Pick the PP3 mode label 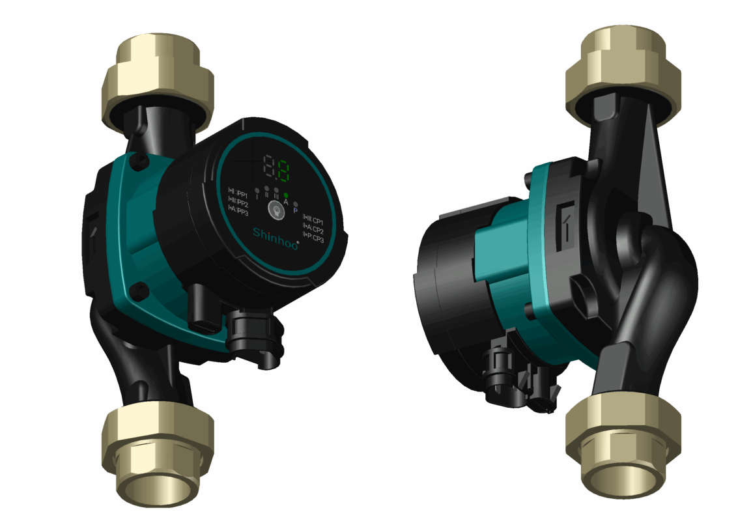click(238, 211)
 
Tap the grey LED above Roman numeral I click(257, 191)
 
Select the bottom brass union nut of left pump click(158, 449)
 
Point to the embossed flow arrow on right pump click(564, 221)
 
